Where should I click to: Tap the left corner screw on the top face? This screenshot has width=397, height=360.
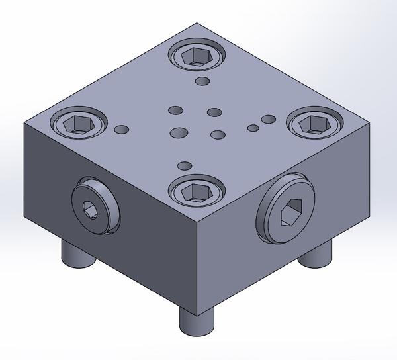coord(79,122)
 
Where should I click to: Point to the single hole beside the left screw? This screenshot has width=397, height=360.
coord(122,129)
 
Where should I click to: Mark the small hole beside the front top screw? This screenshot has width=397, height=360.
coord(185,165)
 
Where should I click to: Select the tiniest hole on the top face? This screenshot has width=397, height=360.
coord(252,127)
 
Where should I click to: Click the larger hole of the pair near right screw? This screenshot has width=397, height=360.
coord(268,120)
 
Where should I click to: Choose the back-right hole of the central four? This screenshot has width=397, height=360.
coord(214,112)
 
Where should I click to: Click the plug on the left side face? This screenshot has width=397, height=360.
coord(93,210)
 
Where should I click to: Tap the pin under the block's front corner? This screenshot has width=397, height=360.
coord(197,322)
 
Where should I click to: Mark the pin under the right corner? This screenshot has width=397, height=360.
coord(316,255)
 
